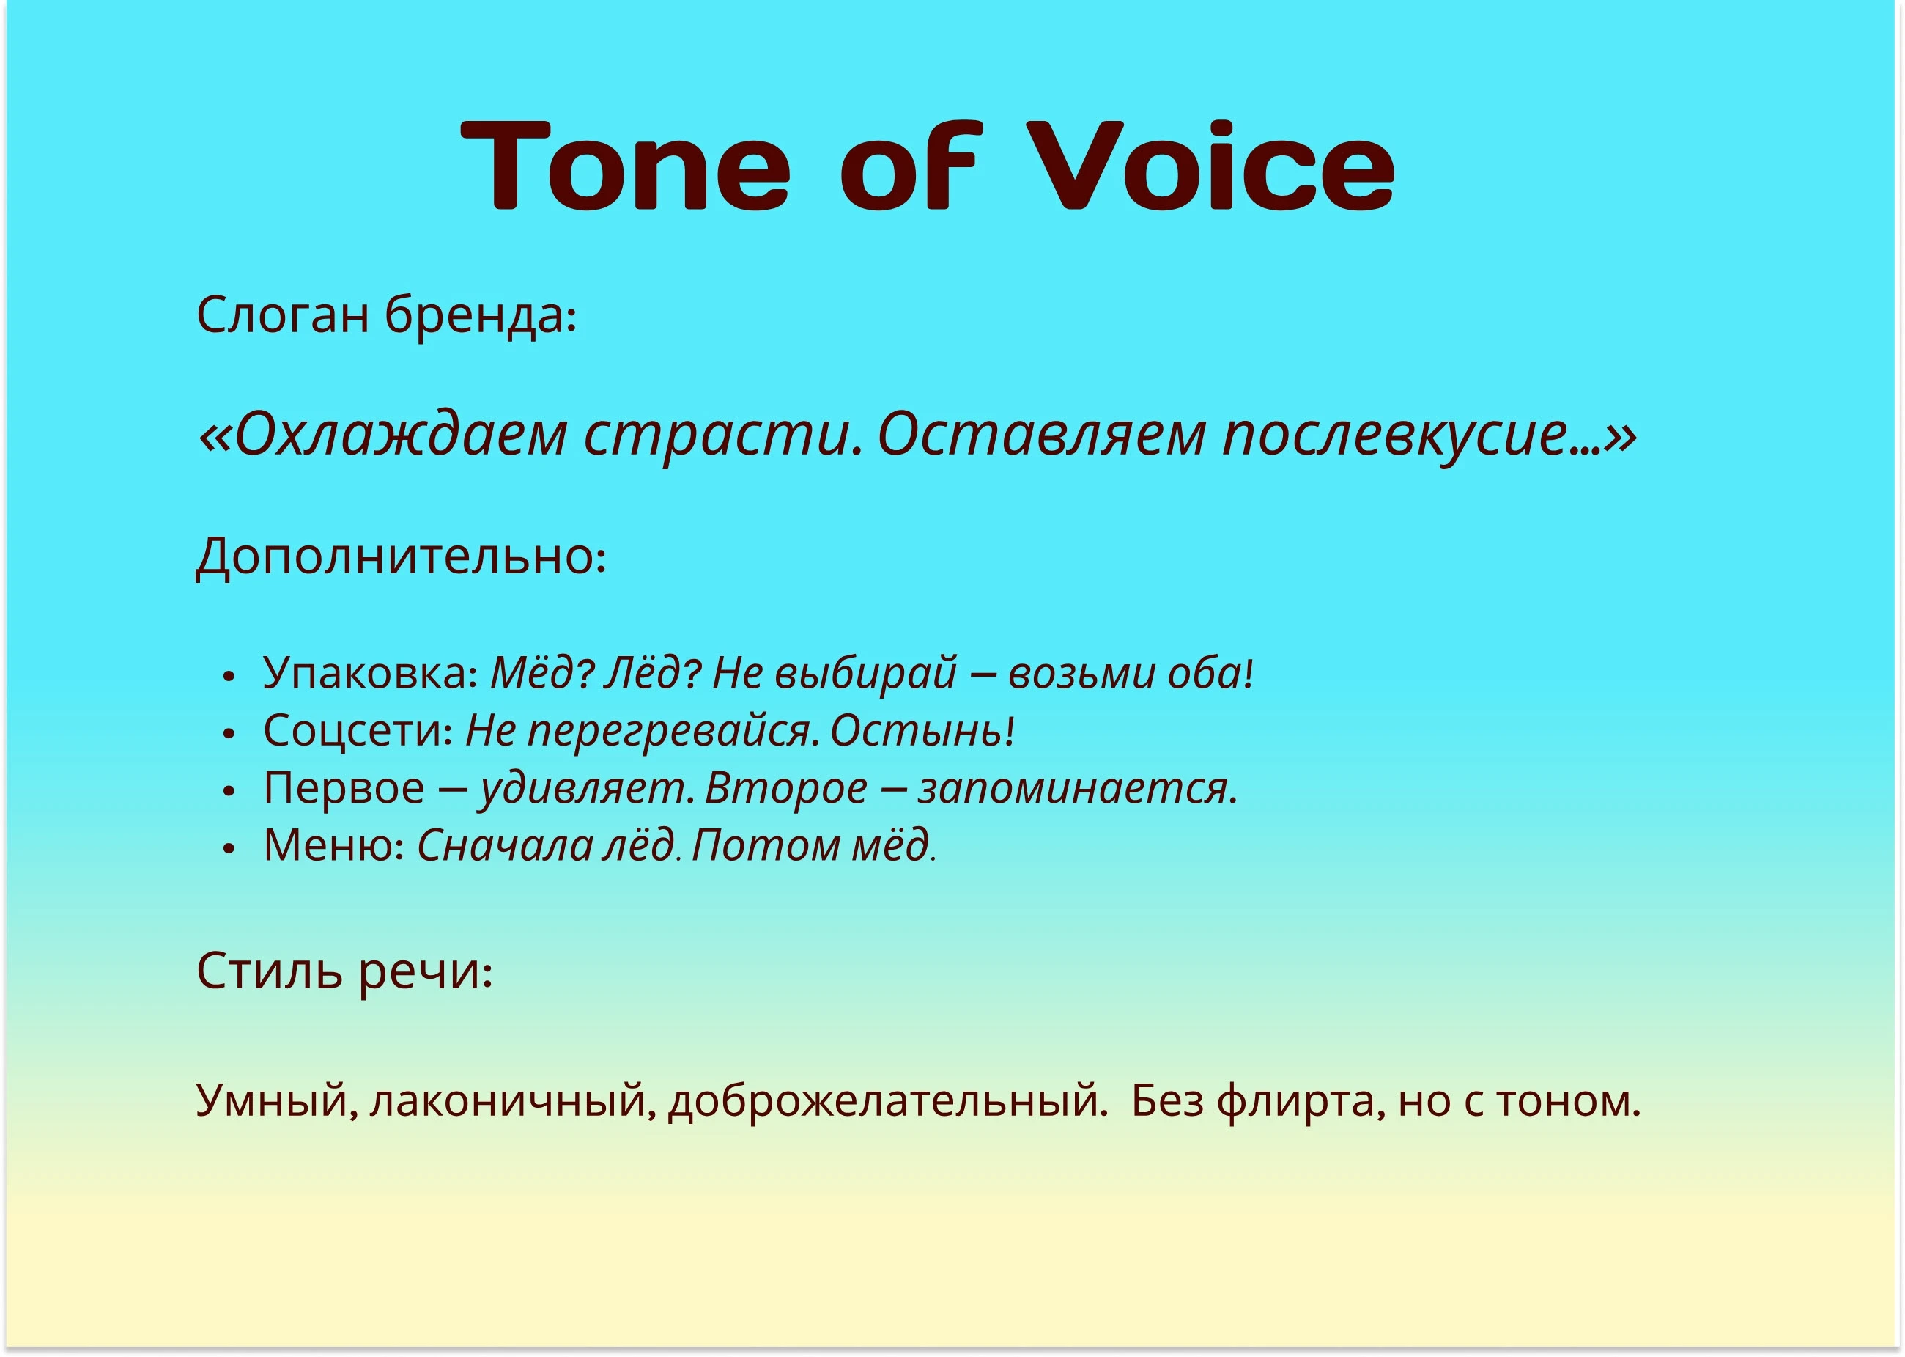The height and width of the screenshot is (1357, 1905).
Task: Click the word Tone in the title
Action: point(626,165)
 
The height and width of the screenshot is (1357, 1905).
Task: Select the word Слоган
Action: point(282,316)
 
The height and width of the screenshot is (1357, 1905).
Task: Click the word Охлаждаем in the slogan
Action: point(402,435)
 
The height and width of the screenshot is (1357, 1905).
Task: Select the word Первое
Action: point(344,788)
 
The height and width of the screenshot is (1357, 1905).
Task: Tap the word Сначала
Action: point(500,845)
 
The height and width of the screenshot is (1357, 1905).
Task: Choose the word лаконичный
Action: point(506,1101)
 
